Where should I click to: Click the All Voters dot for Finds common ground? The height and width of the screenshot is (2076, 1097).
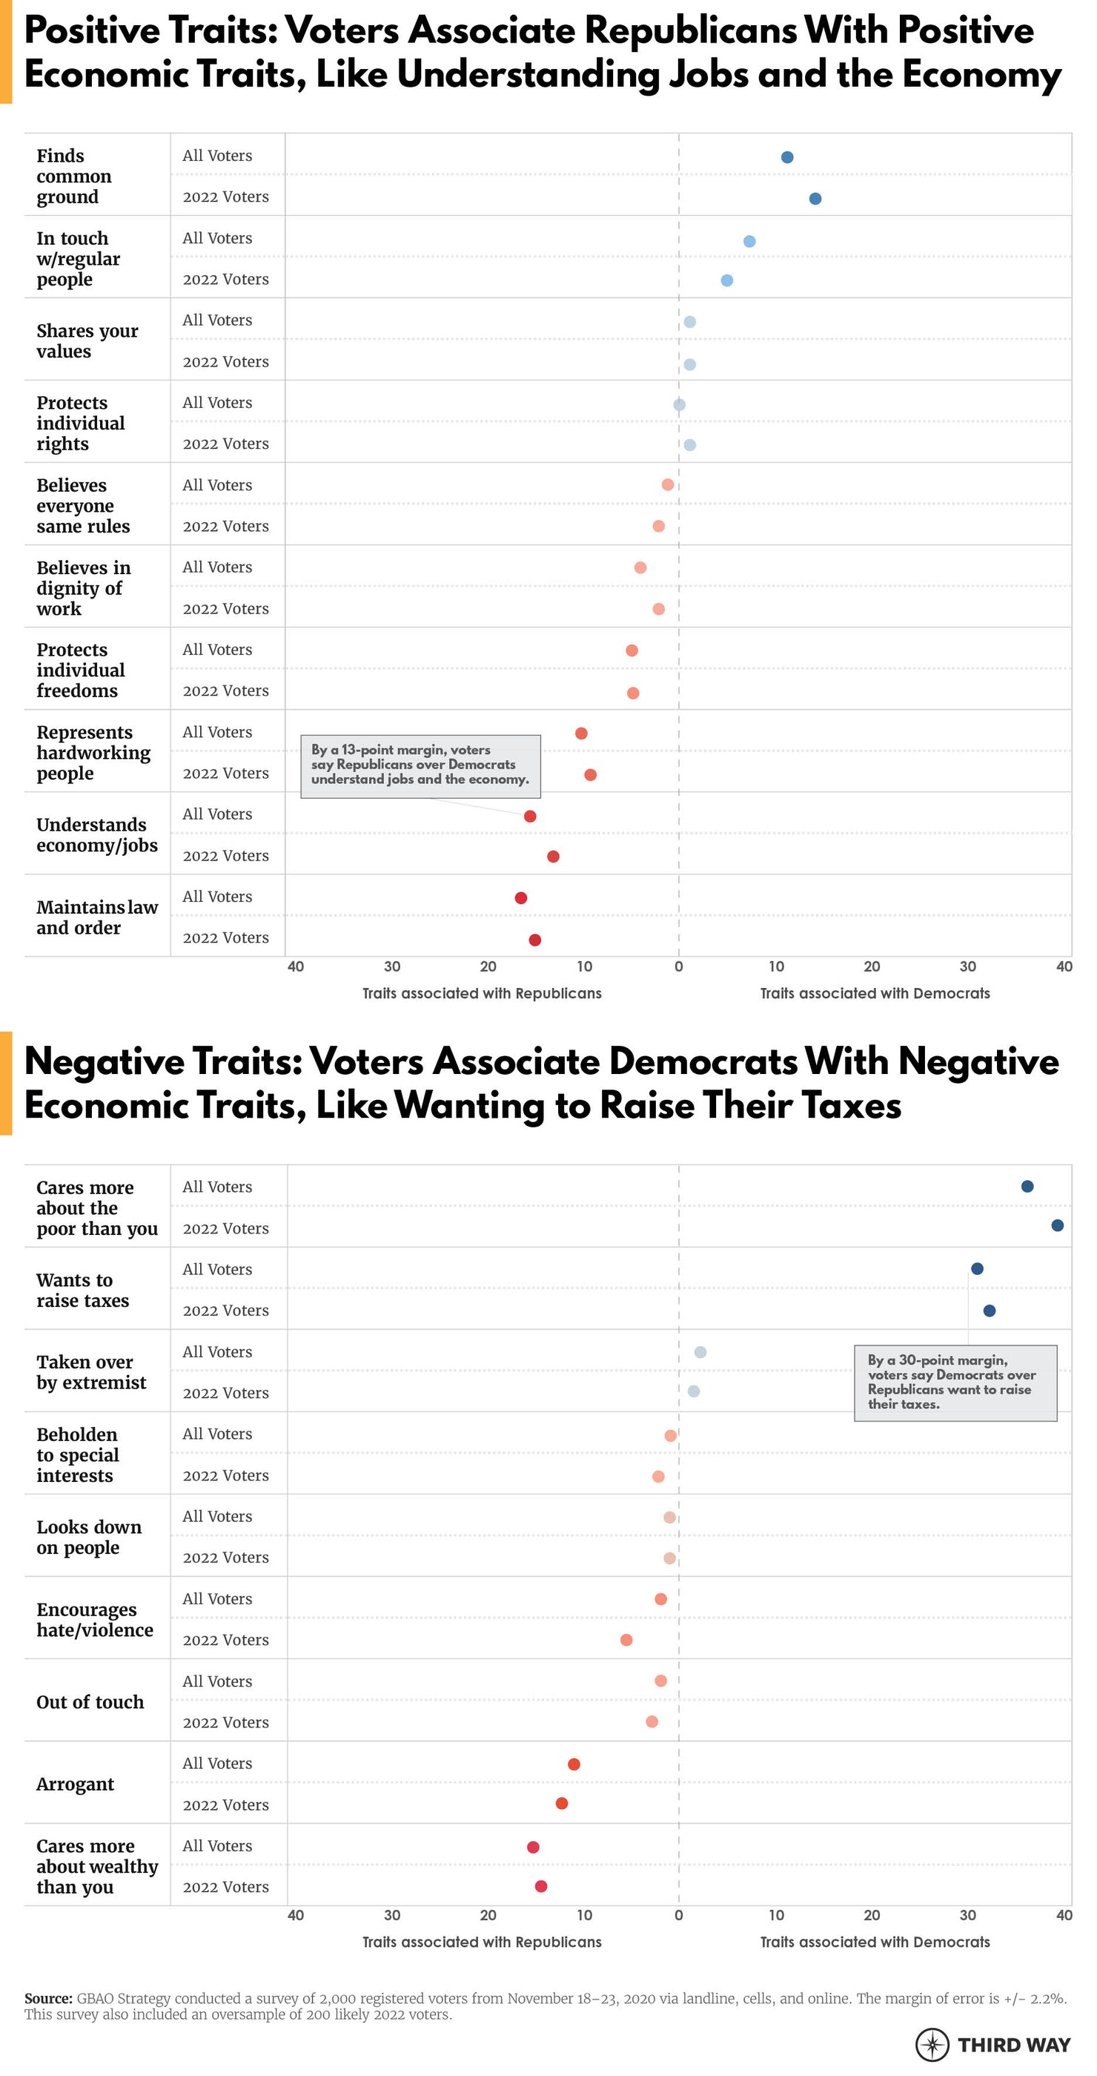787,157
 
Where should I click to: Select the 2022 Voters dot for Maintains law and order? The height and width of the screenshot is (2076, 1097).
535,940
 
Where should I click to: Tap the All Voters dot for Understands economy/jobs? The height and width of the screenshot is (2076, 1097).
530,817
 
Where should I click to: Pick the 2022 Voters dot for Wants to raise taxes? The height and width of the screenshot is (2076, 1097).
989,1311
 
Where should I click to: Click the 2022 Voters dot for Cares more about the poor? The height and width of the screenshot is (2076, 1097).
1058,1226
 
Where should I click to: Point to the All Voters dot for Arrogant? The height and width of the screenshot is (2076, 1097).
574,1764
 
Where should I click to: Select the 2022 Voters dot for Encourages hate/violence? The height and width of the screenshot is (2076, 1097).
626,1640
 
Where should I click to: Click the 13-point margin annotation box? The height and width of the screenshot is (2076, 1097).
420,765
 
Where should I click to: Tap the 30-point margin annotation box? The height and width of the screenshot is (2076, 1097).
955,1383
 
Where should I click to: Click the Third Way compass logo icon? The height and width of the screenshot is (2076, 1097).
932,2045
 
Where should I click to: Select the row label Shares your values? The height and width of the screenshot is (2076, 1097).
87,341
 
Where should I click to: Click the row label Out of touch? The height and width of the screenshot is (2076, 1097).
90,1702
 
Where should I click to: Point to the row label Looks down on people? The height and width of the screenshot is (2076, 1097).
89,1537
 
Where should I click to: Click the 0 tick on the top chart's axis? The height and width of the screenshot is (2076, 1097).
679,966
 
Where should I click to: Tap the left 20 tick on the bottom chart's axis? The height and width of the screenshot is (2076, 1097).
488,1916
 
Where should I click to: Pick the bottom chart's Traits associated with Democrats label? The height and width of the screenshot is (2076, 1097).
875,1942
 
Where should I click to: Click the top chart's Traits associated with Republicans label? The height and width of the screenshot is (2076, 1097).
482,994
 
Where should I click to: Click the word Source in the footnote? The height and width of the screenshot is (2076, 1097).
48,1999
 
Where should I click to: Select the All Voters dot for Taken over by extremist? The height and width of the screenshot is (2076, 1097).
700,1352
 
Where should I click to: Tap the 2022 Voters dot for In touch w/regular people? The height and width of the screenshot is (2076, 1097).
726,280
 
